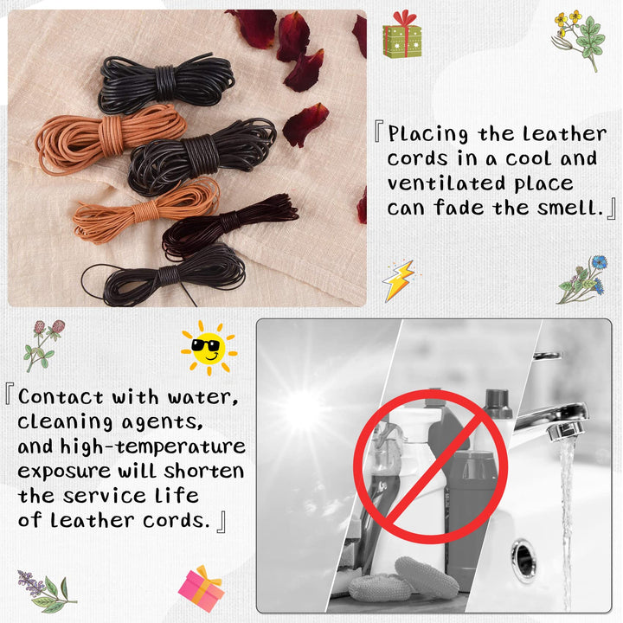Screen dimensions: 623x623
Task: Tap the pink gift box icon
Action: coord(202,588)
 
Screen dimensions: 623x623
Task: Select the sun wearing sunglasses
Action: coord(209,349)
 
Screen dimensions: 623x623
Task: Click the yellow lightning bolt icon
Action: coord(399,280)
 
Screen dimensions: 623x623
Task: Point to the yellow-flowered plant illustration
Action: coord(578,39)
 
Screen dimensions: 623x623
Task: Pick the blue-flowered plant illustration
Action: coord(582,279)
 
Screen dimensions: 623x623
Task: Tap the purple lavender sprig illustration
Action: coord(46,591)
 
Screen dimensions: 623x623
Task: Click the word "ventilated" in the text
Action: coord(446,183)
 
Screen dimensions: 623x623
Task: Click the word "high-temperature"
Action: coord(152,446)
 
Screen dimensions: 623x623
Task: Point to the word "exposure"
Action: coord(64,472)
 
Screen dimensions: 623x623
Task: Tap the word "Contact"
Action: coord(61,397)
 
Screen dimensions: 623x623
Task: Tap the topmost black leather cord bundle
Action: coord(166,83)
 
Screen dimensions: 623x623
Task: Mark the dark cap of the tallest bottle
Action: coord(498,403)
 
